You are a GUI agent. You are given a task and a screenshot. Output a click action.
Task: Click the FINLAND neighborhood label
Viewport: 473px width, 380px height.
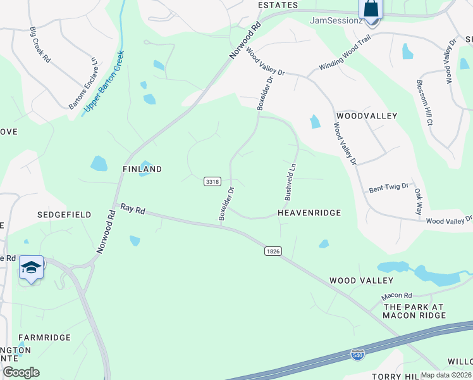click(x=142, y=169)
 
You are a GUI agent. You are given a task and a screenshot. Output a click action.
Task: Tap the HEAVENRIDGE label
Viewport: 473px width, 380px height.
click(x=309, y=213)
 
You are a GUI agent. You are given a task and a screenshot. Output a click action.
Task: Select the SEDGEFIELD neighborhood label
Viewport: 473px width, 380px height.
click(x=64, y=215)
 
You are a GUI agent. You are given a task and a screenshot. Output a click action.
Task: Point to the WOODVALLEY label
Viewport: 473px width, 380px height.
click(x=367, y=116)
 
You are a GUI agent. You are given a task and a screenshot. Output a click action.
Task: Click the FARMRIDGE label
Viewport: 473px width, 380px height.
click(x=44, y=338)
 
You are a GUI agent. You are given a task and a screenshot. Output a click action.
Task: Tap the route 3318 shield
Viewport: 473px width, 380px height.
click(x=212, y=182)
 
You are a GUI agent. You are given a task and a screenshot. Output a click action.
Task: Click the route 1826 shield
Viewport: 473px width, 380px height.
click(x=273, y=251)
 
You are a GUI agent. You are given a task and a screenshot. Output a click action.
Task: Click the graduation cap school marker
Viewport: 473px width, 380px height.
click(x=31, y=269)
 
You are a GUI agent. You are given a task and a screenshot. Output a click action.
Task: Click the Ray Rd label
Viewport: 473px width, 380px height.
click(x=133, y=210)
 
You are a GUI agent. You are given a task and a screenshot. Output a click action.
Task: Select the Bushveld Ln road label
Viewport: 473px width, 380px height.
click(x=291, y=182)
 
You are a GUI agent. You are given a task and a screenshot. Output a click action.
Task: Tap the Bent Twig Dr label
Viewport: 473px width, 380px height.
click(x=388, y=189)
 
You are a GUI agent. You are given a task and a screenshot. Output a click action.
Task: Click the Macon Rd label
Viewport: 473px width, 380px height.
click(x=396, y=296)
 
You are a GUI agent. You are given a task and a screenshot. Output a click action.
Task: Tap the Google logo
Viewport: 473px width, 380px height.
click(x=21, y=372)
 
